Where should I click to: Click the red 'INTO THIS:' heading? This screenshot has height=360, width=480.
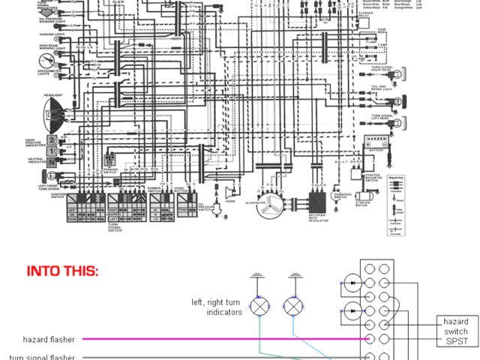point(62,271)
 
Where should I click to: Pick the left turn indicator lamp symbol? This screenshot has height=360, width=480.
point(259,305)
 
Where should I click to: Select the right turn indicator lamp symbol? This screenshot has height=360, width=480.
point(293,305)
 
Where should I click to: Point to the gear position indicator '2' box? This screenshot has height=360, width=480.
point(52,140)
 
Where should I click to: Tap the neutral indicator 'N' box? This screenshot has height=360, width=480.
point(52,161)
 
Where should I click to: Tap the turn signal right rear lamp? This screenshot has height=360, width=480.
point(402,73)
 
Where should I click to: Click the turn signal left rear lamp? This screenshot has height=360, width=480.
point(402,122)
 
